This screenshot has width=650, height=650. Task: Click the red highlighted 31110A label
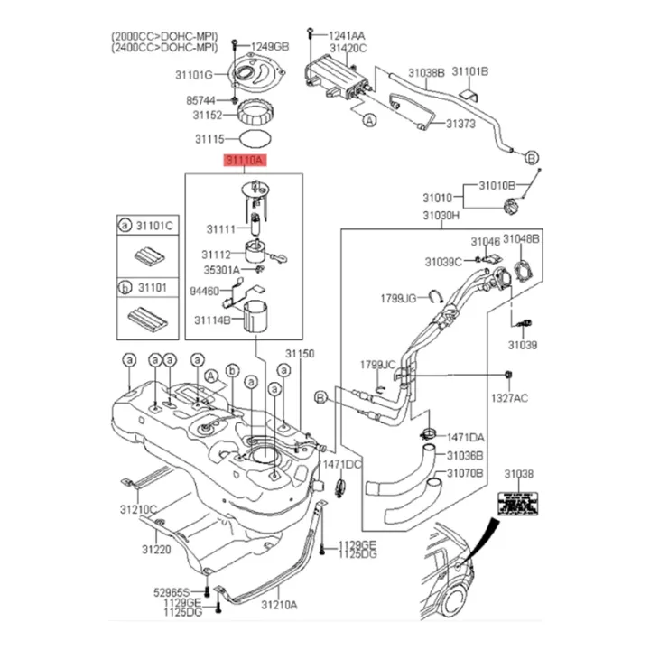[244, 161]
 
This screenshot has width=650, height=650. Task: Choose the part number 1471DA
[465, 437]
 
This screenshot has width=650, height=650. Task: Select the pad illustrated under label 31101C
[144, 255]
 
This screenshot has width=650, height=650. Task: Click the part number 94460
[205, 292]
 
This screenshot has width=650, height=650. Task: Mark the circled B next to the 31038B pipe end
[532, 157]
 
